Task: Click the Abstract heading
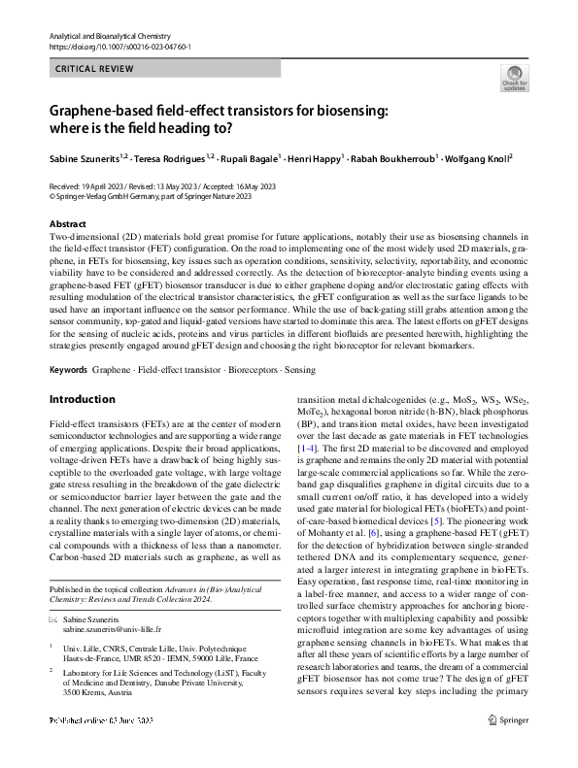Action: click(67, 224)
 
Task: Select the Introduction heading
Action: click(82, 399)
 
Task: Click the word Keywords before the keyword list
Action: click(69, 371)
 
